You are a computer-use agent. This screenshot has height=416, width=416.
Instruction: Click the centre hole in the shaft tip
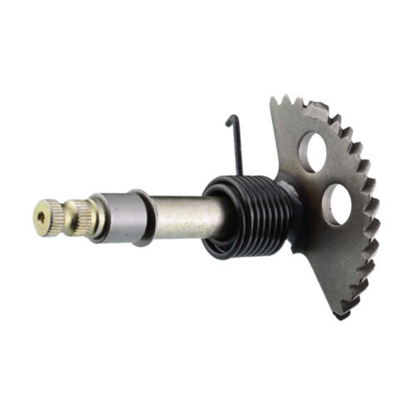[x=41, y=219]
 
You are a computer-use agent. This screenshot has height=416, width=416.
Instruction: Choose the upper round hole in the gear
[x=314, y=151]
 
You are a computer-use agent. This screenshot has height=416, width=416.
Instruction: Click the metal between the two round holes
[x=326, y=176]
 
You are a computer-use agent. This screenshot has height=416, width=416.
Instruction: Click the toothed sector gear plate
[x=341, y=250]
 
